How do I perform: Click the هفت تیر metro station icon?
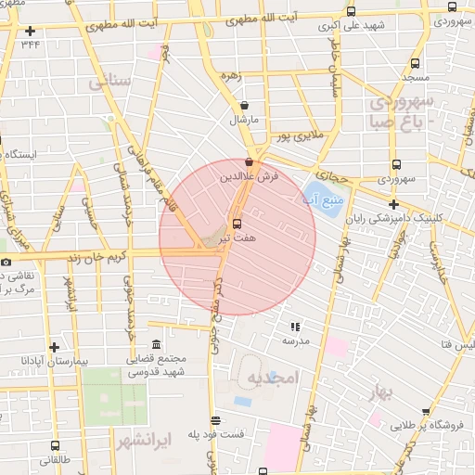pos(237,224)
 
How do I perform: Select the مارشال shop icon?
pos(244,106)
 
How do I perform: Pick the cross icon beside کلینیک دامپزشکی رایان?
pos(394,204)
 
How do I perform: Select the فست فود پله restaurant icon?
pos(216,419)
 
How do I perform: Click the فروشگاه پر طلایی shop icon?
pos(426,412)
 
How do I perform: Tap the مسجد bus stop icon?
pos(414,65)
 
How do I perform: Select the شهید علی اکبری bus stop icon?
pos(350,12)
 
